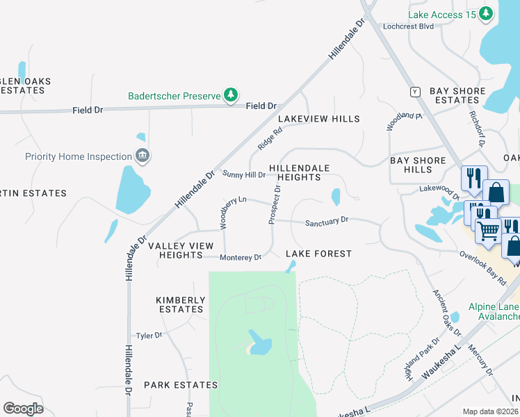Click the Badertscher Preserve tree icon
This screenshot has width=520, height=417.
pos(231,95)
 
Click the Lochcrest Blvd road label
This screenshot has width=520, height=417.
pos(408,26)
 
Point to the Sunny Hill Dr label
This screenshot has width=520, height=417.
pos(243,174)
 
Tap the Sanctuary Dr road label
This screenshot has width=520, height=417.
pos(327,221)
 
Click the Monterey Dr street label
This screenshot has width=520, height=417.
pos(241,258)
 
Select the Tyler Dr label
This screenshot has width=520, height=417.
pos(149,335)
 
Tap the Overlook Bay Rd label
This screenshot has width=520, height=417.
pos(482,268)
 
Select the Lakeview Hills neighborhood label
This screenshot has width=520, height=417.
pos(319,119)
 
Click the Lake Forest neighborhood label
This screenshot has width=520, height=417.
pos(318,254)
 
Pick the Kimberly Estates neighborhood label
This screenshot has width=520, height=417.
pos(181,304)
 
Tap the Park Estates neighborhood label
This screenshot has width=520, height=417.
pos(181,384)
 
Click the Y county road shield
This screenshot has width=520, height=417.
pos(416,91)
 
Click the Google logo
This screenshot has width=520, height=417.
pos(23,409)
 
